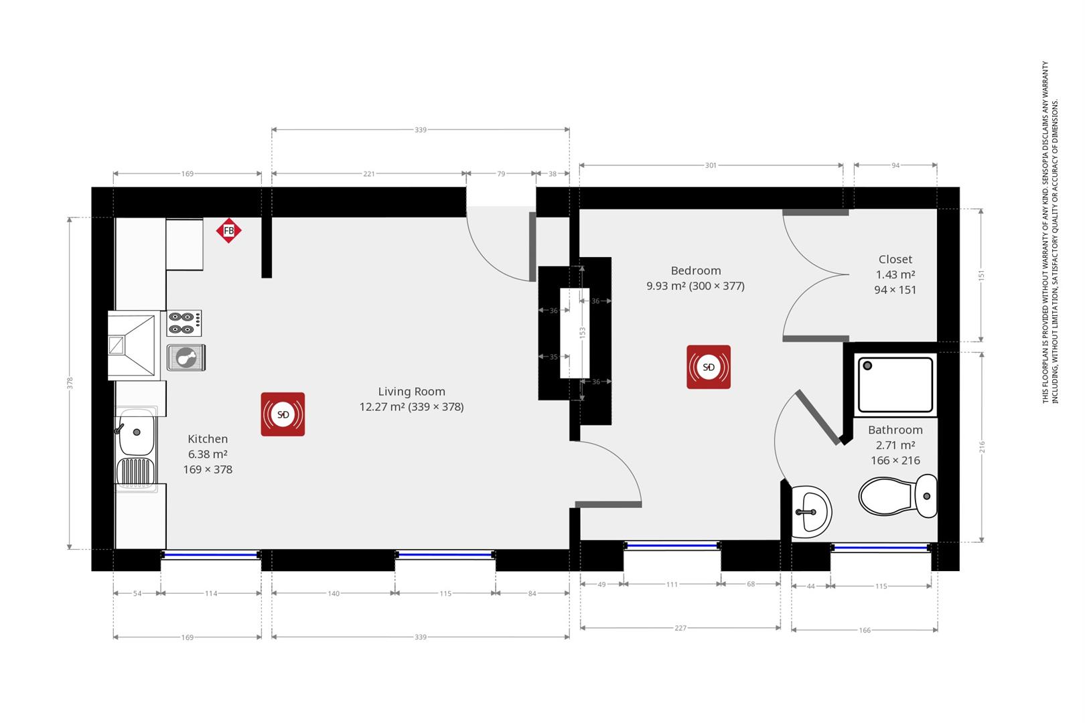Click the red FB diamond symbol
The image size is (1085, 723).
(228, 231)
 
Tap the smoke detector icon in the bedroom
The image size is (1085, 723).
(708, 367)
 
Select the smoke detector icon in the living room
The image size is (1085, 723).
(283, 414)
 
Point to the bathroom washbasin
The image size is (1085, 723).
(810, 512)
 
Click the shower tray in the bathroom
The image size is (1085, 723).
(895, 385)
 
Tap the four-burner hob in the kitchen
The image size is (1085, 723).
(184, 323)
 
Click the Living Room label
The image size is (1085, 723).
(411, 392)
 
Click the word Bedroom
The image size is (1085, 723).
(696, 270)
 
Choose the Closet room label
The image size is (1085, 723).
(895, 259)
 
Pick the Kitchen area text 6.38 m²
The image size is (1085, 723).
(208, 454)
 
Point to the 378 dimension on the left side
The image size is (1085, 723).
(70, 383)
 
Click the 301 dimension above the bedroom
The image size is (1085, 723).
(711, 165)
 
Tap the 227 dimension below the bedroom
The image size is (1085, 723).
(680, 628)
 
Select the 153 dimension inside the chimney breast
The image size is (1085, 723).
(582, 332)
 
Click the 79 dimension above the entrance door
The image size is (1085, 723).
(501, 173)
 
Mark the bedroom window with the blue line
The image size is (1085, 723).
(672, 546)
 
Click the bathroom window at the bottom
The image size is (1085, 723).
(881, 548)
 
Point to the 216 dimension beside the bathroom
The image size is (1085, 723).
(982, 447)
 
